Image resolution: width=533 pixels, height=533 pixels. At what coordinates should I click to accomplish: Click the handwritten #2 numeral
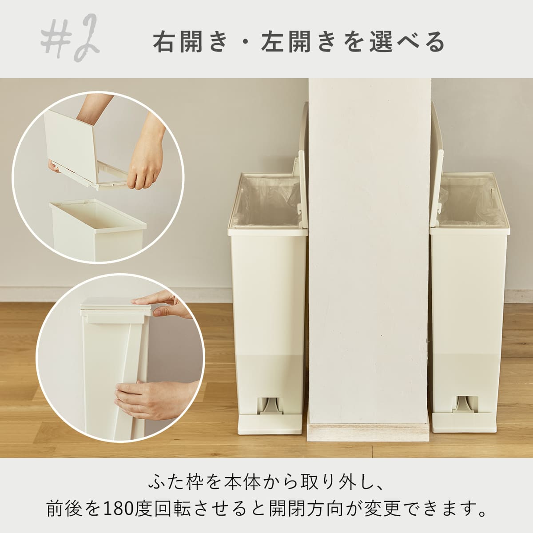pyautogui.click(x=70, y=38)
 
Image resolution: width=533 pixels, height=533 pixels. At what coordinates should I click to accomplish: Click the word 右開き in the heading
pyautogui.click(x=190, y=42)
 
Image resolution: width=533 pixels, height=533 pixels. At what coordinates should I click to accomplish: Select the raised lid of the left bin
pyautogui.click(x=302, y=163)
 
